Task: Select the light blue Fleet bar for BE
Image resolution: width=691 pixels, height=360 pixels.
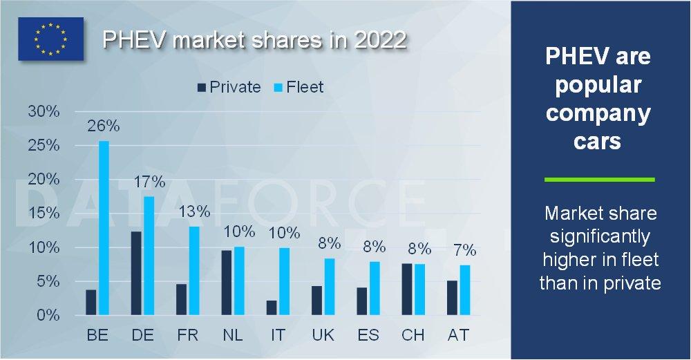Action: (104, 228)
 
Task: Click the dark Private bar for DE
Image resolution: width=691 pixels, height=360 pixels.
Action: (135, 274)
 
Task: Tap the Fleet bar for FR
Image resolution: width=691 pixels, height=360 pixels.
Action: (193, 271)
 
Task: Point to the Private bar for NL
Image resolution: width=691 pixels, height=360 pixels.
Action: (226, 283)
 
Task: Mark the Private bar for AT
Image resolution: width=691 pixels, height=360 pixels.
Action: (452, 298)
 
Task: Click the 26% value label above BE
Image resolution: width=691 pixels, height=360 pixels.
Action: (103, 126)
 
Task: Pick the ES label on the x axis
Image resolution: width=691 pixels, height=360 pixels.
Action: (368, 335)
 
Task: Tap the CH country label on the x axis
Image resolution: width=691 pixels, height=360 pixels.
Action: (413, 335)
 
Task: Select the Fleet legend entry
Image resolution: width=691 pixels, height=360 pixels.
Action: (298, 87)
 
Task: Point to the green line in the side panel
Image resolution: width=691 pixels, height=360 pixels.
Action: (599, 180)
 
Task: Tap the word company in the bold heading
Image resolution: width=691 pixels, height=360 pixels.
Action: (598, 113)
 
